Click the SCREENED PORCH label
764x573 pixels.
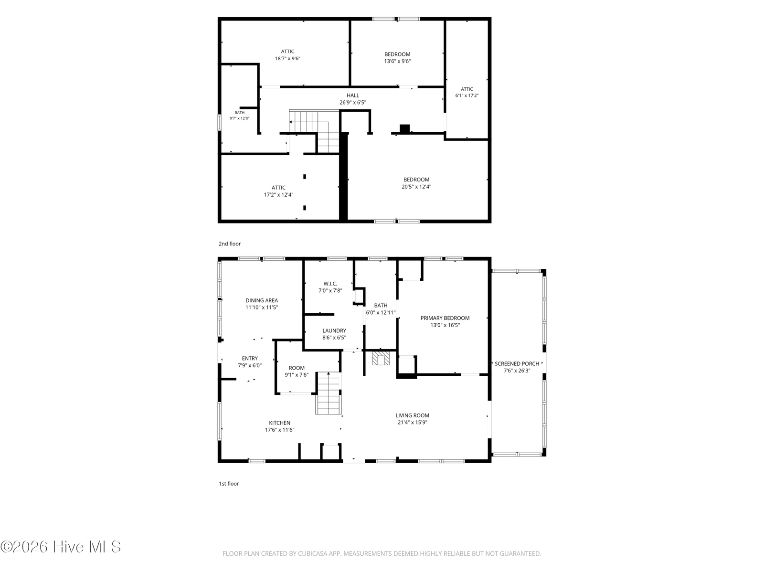pyautogui.click(x=517, y=363)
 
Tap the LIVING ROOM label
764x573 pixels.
pyautogui.click(x=412, y=415)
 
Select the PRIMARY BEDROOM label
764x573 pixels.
pyautogui.click(x=445, y=318)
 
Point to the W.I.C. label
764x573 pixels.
pyautogui.click(x=330, y=284)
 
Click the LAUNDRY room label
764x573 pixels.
pyautogui.click(x=334, y=330)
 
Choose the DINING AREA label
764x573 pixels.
pyautogui.click(x=262, y=301)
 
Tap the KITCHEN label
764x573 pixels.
pyautogui.click(x=279, y=423)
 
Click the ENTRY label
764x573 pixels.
pyautogui.click(x=250, y=358)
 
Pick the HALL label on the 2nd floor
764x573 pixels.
pyautogui.click(x=352, y=95)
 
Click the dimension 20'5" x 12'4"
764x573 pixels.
pyautogui.click(x=416, y=187)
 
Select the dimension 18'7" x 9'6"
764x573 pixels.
pyautogui.click(x=287, y=58)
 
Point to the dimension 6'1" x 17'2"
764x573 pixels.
pyautogui.click(x=467, y=95)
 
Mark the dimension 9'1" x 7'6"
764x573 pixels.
pyautogui.click(x=297, y=375)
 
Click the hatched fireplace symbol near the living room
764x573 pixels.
pyautogui.click(x=381, y=358)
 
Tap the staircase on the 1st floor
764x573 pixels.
pyautogui.click(x=328, y=393)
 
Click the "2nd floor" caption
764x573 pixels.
pyautogui.click(x=229, y=244)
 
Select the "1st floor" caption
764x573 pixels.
pyautogui.click(x=229, y=484)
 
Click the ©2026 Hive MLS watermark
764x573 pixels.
pyautogui.click(x=61, y=547)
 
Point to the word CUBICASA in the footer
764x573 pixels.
pyautogui.click(x=313, y=553)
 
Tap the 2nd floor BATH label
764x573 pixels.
pyautogui.click(x=240, y=113)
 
